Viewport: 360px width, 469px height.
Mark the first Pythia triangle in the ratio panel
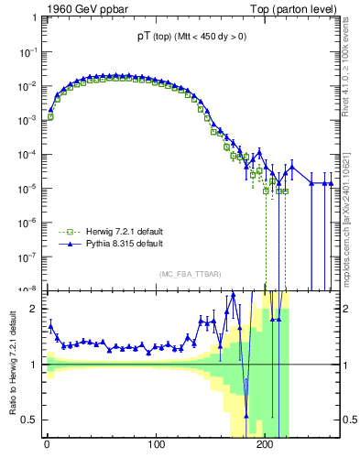pos(50,325)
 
